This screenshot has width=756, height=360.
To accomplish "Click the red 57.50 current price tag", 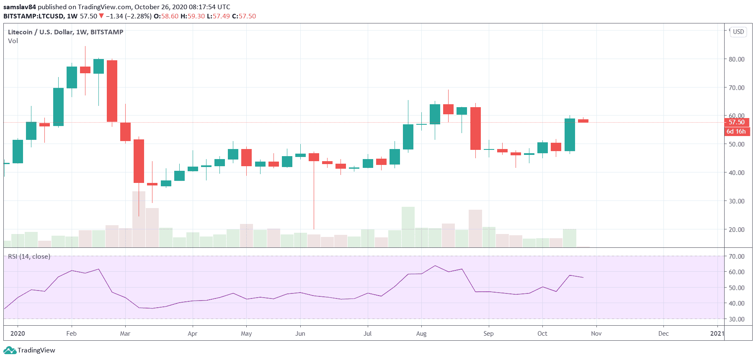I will [x=736, y=122].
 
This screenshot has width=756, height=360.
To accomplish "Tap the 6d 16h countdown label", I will [x=736, y=131].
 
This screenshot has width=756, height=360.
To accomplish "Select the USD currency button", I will [x=738, y=32].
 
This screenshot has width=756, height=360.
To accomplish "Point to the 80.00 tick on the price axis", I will [x=736, y=59].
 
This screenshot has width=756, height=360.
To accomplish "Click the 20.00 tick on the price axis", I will [x=736, y=229].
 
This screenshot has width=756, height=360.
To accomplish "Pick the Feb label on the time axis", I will [x=72, y=334].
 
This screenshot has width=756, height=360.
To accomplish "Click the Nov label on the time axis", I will [x=596, y=334].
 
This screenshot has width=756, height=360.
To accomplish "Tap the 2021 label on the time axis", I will [x=717, y=334].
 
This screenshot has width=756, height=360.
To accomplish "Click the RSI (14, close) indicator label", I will [x=29, y=256].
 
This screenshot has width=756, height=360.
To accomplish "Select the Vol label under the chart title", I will [x=13, y=41].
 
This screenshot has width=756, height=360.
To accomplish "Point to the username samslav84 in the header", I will [x=20, y=7].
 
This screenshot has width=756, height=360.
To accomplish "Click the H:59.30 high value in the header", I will [x=193, y=16].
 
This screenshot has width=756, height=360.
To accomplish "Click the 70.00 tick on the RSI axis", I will [x=736, y=256].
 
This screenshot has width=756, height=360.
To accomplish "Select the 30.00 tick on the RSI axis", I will [x=736, y=319].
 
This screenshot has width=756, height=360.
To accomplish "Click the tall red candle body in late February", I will [x=112, y=91].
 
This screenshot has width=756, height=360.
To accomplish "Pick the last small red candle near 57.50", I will [x=583, y=121].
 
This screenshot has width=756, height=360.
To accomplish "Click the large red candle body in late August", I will [x=475, y=128].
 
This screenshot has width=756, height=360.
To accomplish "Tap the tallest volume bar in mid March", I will [x=139, y=219].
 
